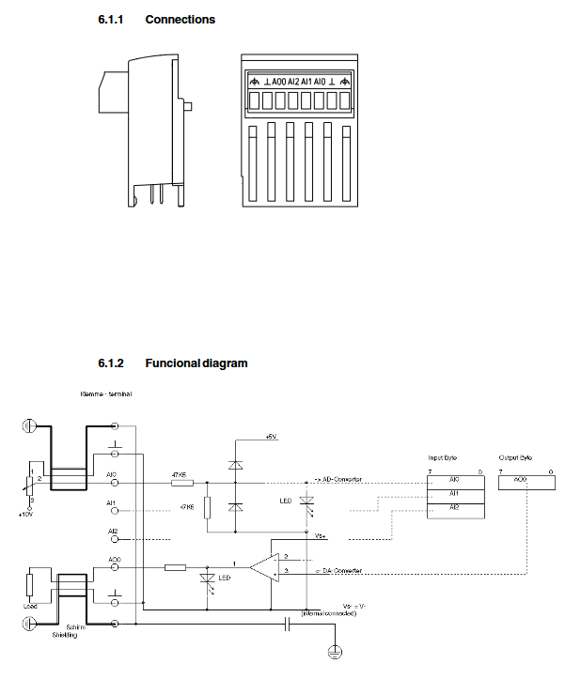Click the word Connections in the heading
[x=180, y=19]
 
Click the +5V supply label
[x=272, y=438]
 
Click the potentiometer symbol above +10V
[x=28, y=485]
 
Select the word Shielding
[x=65, y=636]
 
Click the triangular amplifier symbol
[x=266, y=566]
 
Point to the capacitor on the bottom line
[x=286, y=623]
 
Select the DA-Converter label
[x=339, y=571]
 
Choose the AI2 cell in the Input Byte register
[x=454, y=507]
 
